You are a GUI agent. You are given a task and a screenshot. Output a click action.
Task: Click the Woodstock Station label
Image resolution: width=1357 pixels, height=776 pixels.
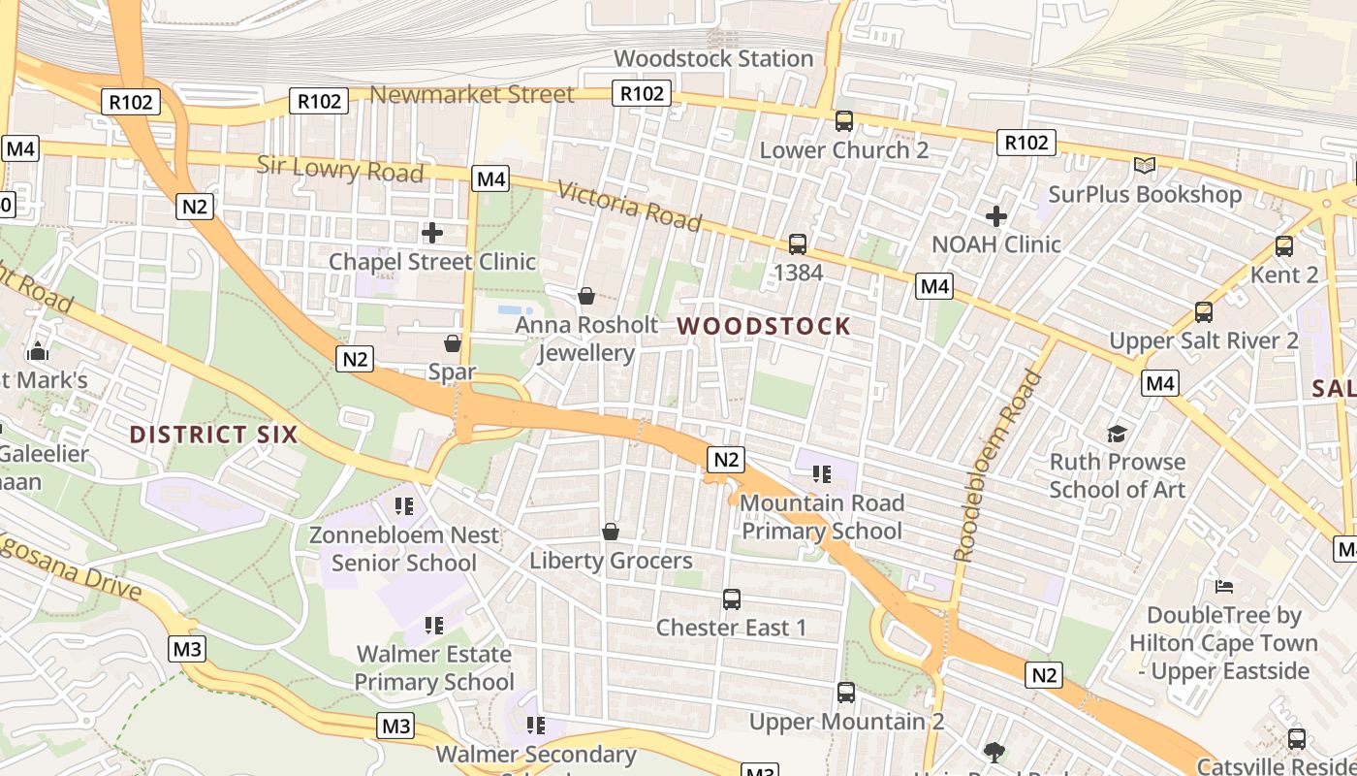point(713,58)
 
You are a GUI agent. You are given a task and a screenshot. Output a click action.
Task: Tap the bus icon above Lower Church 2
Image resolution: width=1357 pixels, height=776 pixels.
point(844,121)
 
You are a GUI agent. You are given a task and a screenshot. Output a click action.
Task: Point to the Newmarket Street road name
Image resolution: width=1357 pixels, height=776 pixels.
point(472,94)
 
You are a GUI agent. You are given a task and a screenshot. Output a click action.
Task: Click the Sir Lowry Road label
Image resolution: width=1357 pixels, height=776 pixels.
point(340,169)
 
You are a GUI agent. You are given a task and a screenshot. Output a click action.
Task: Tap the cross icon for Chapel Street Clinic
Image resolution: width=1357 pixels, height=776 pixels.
point(432,233)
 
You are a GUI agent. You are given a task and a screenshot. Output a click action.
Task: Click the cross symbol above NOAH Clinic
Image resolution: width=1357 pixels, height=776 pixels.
point(996,215)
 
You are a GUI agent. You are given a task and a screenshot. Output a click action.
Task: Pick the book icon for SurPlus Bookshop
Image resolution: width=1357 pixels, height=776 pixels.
point(1145,166)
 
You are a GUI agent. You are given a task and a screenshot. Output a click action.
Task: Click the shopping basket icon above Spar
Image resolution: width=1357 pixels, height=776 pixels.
point(453,343)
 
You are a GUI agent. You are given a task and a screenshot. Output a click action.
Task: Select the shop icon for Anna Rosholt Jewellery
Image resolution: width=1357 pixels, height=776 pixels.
point(586,296)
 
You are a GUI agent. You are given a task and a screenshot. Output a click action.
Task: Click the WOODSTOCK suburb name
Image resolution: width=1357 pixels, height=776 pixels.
point(764,326)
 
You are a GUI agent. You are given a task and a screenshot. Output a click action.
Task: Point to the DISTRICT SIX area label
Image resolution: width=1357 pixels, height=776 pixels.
point(213,434)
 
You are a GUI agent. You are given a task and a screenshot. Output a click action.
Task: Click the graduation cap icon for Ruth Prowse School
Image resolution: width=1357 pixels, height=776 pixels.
point(1118,434)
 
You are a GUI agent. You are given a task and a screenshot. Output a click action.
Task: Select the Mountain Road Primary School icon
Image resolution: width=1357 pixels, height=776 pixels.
point(822,474)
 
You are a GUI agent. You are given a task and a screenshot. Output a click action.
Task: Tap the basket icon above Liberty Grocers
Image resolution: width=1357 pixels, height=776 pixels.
point(611,532)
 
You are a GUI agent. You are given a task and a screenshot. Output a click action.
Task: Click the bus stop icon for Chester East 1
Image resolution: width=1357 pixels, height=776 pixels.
point(732,599)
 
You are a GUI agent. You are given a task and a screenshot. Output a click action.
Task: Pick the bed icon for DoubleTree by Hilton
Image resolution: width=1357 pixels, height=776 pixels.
point(1224,587)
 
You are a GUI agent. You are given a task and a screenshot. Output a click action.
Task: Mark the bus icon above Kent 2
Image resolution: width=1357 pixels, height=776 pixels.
point(1284,246)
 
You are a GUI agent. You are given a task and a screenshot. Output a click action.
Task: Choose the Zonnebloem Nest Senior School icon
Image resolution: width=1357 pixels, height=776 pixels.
point(404,505)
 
